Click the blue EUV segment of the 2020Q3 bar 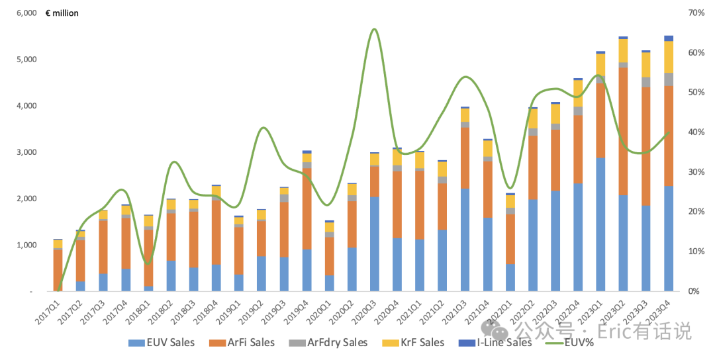pos(374,244)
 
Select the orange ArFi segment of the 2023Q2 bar pos(623,131)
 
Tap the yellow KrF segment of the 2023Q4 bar pos(669,57)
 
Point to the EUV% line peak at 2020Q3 pos(374,29)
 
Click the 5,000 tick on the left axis pos(26,60)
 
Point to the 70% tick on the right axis pos(696,13)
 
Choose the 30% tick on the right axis pos(696,172)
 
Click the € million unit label pos(62,13)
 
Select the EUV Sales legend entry pos(162,343)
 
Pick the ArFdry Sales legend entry pos(328,343)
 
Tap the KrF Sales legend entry pos(413,343)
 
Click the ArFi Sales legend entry pos(242,343)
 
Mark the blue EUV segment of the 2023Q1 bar pos(600,224)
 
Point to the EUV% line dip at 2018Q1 pos(147,263)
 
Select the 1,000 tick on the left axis pos(26,245)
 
